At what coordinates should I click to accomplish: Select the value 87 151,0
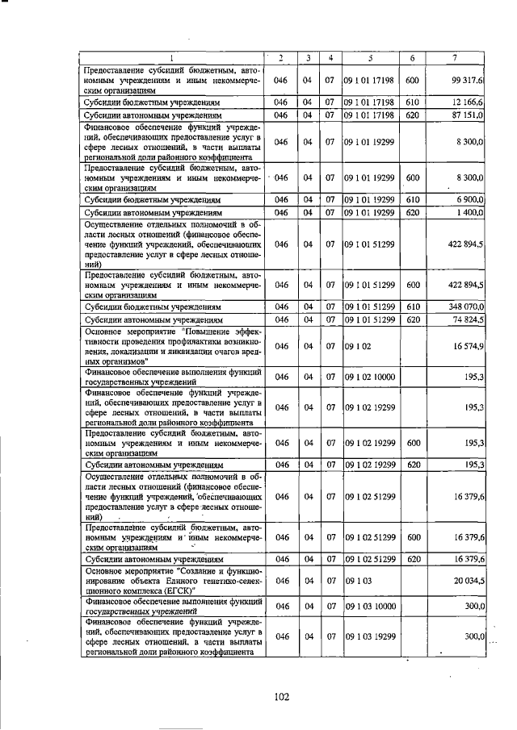click(x=465, y=116)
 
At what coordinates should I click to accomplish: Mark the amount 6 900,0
click(x=468, y=198)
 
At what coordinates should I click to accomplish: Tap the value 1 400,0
click(x=468, y=211)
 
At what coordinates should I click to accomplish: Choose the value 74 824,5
click(x=465, y=320)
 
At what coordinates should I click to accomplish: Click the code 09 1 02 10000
click(x=372, y=377)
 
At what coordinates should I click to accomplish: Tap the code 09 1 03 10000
click(x=372, y=606)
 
